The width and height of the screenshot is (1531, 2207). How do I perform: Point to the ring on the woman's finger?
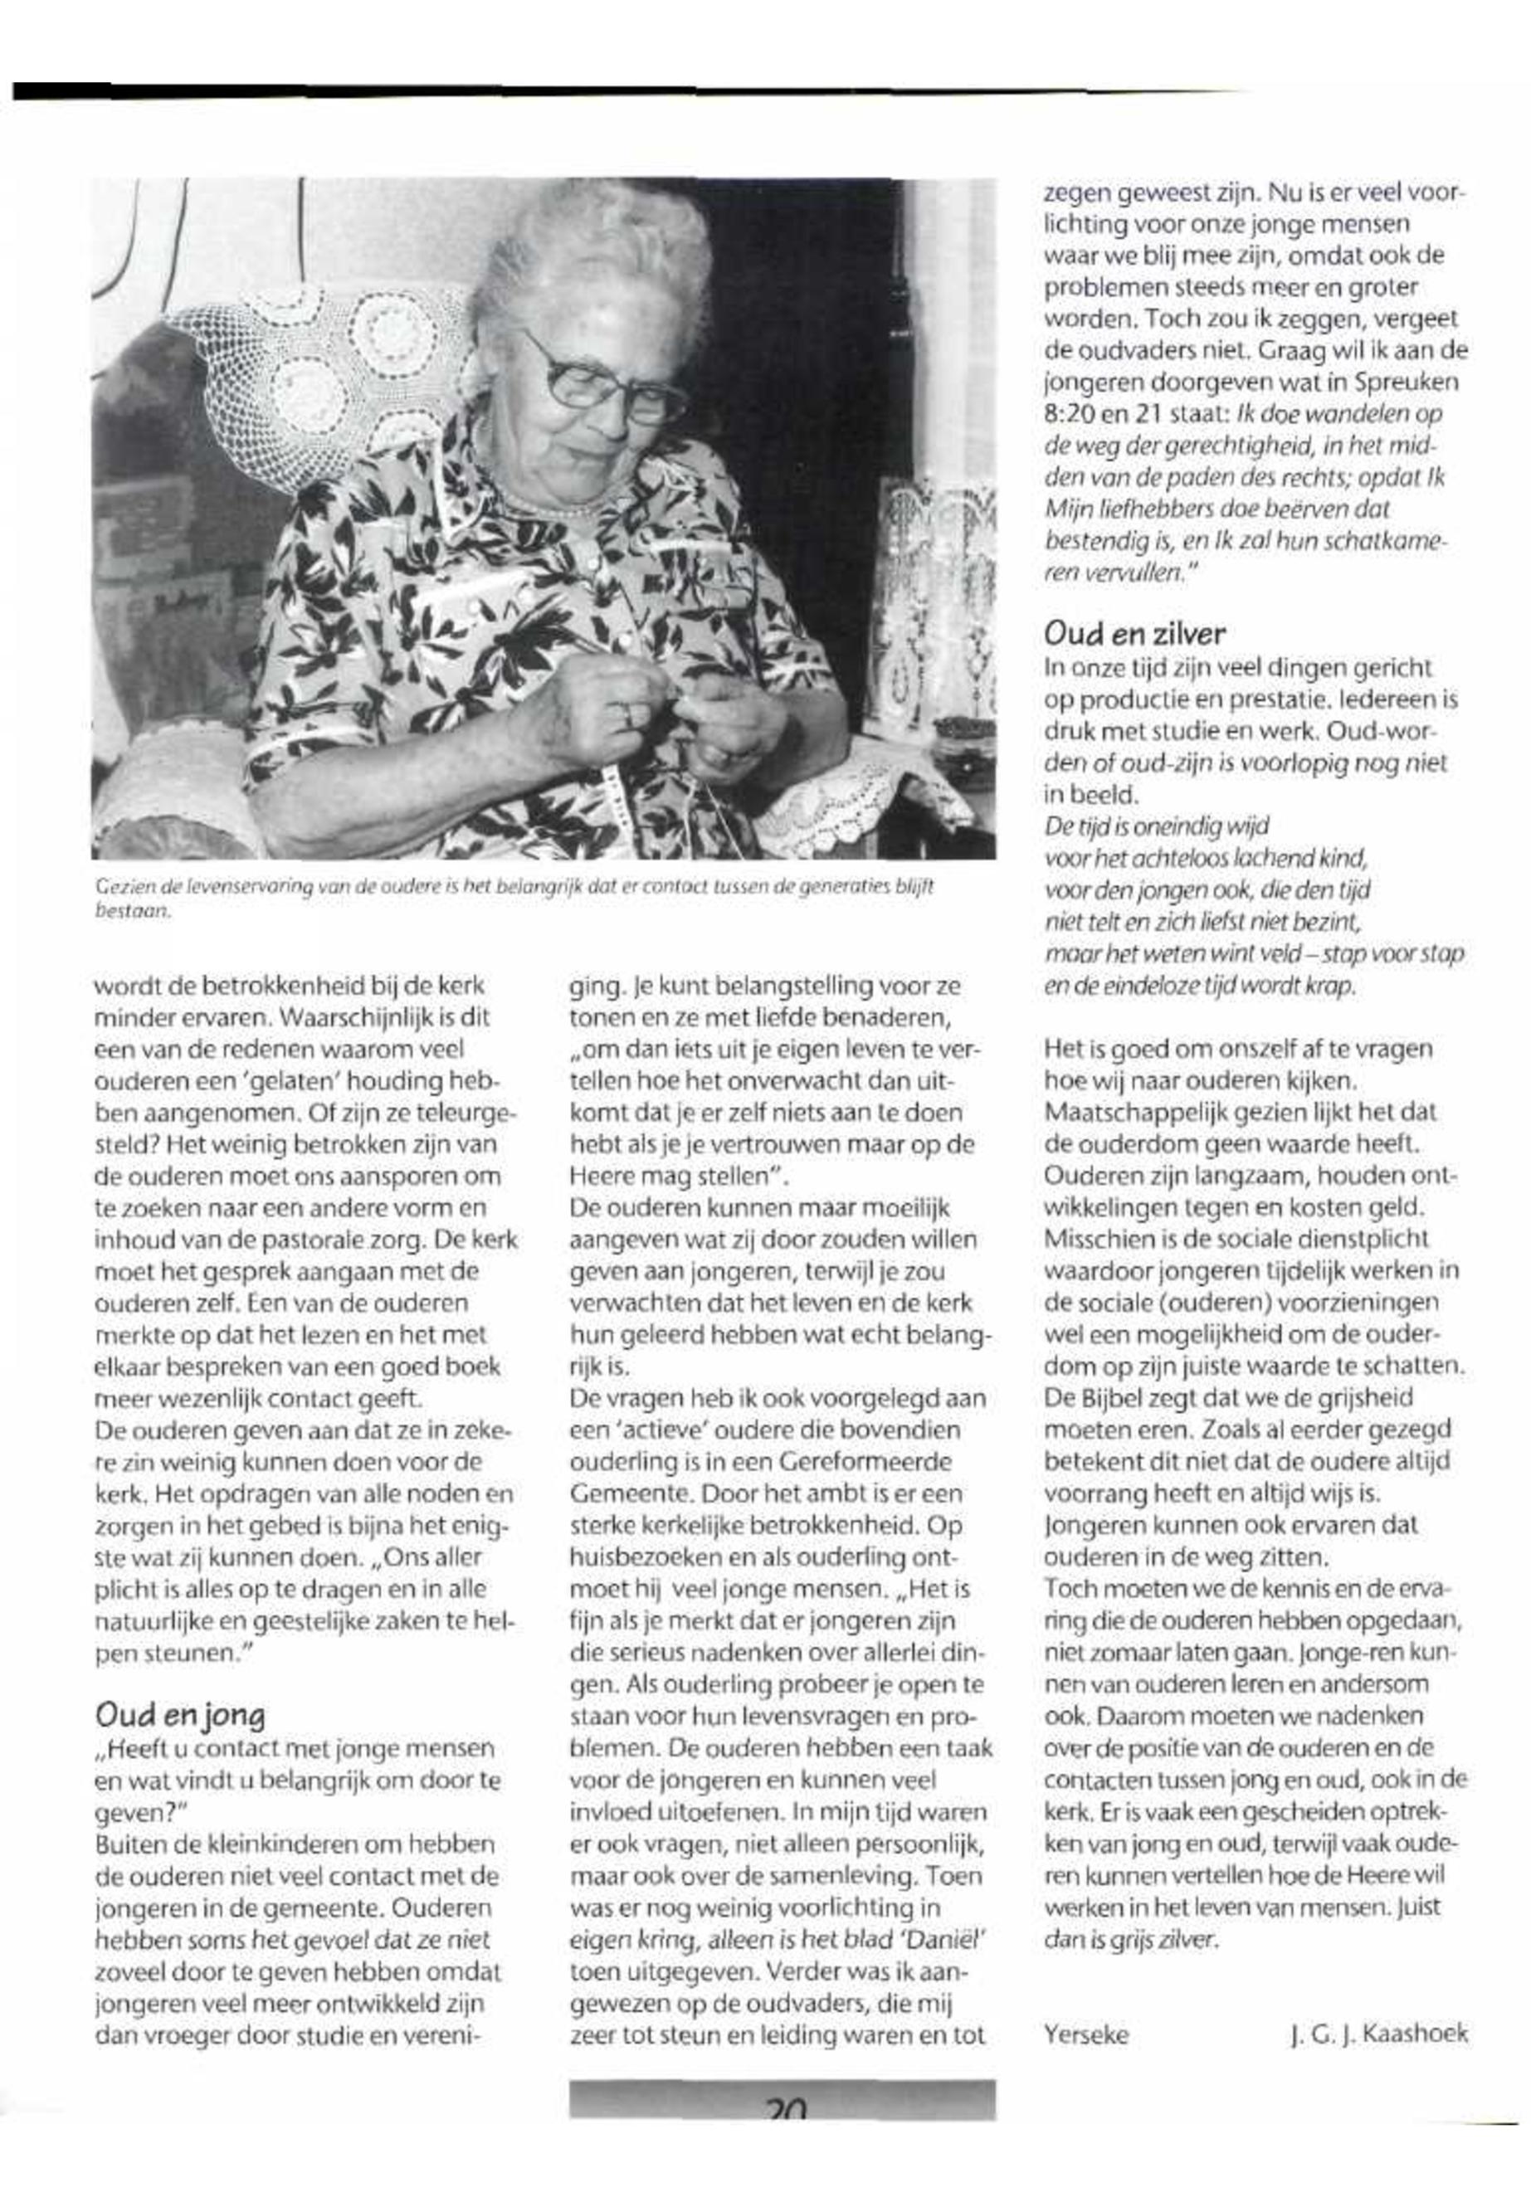(x=625, y=714)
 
